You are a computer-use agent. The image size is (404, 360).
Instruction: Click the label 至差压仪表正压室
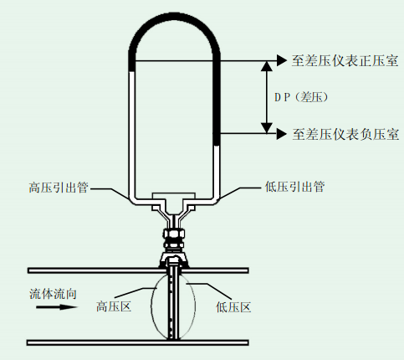pyautogui.click(x=345, y=60)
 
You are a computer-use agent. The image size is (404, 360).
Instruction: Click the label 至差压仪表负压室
pyautogui.click(x=345, y=134)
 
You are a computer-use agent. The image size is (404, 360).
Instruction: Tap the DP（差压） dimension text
pyautogui.click(x=301, y=97)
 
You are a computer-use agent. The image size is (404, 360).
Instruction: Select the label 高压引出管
pyautogui.click(x=59, y=188)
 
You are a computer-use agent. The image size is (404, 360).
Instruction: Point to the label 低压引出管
pyautogui.click(x=294, y=187)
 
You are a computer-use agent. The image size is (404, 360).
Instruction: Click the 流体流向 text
pyautogui.click(x=53, y=294)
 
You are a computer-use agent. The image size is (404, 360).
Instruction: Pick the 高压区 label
pyautogui.click(x=114, y=306)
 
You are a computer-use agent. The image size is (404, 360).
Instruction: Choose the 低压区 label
pyautogui.click(x=233, y=307)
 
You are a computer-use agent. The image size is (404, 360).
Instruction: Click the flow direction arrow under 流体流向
pyautogui.click(x=57, y=307)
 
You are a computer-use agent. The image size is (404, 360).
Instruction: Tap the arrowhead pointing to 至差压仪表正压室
pyautogui.click(x=282, y=60)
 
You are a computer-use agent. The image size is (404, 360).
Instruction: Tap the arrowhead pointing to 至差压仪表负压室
pyautogui.click(x=282, y=134)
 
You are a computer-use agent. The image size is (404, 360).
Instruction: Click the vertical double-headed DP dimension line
pyautogui.click(x=267, y=97)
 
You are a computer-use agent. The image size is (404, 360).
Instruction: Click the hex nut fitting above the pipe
pyautogui.click(x=173, y=238)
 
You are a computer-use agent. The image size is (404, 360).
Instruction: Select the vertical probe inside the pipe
pyautogui.click(x=173, y=304)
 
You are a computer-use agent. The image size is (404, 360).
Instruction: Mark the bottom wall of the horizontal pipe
pyautogui.click(x=137, y=342)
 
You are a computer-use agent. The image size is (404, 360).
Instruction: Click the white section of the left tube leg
pyautogui.click(x=131, y=134)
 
